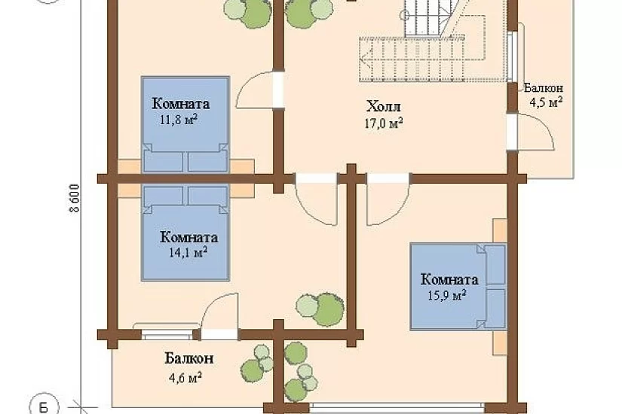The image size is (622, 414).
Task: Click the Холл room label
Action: pyautogui.click(x=384, y=107)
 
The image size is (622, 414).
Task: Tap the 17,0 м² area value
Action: pyautogui.click(x=384, y=123)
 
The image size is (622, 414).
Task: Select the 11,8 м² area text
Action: pyautogui.click(x=179, y=120)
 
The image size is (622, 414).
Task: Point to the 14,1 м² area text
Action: pyautogui.click(x=188, y=252)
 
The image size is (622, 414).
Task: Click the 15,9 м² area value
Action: pyautogui.click(x=446, y=295)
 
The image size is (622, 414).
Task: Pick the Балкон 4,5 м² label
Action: pyautogui.click(x=544, y=96)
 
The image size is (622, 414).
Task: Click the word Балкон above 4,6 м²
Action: pyautogui.click(x=189, y=358)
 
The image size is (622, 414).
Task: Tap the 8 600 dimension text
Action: pyautogui.click(x=75, y=199)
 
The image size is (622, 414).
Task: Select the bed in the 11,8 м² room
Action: pyautogui.click(x=185, y=124)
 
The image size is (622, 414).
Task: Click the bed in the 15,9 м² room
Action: pyautogui.click(x=458, y=287)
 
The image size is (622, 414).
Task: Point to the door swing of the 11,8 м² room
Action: pyautogui.click(x=258, y=90)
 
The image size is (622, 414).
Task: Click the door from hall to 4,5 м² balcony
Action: pyautogui.click(x=531, y=132)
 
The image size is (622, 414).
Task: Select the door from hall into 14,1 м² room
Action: pyautogui.click(x=317, y=199)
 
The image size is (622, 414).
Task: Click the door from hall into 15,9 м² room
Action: pyautogui.click(x=388, y=199)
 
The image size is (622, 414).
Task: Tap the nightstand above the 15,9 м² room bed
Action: pyautogui.click(x=500, y=230)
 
